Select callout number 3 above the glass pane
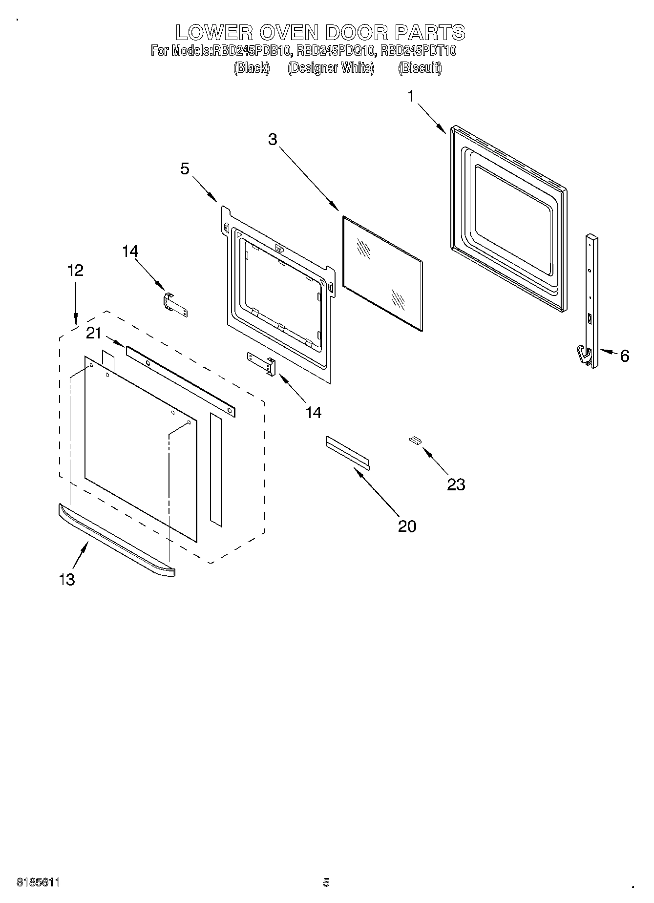tap(273, 140)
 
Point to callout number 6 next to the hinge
tap(625, 356)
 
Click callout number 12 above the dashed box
tap(75, 271)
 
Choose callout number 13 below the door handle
tap(67, 580)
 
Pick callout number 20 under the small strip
tap(407, 526)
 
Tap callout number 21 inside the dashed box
tap(94, 334)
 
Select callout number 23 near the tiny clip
tap(456, 484)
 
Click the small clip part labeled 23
tap(415, 440)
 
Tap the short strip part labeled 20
tap(347, 453)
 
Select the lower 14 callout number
tap(314, 412)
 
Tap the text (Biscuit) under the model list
tap(420, 68)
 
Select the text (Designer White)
tap(331, 68)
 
